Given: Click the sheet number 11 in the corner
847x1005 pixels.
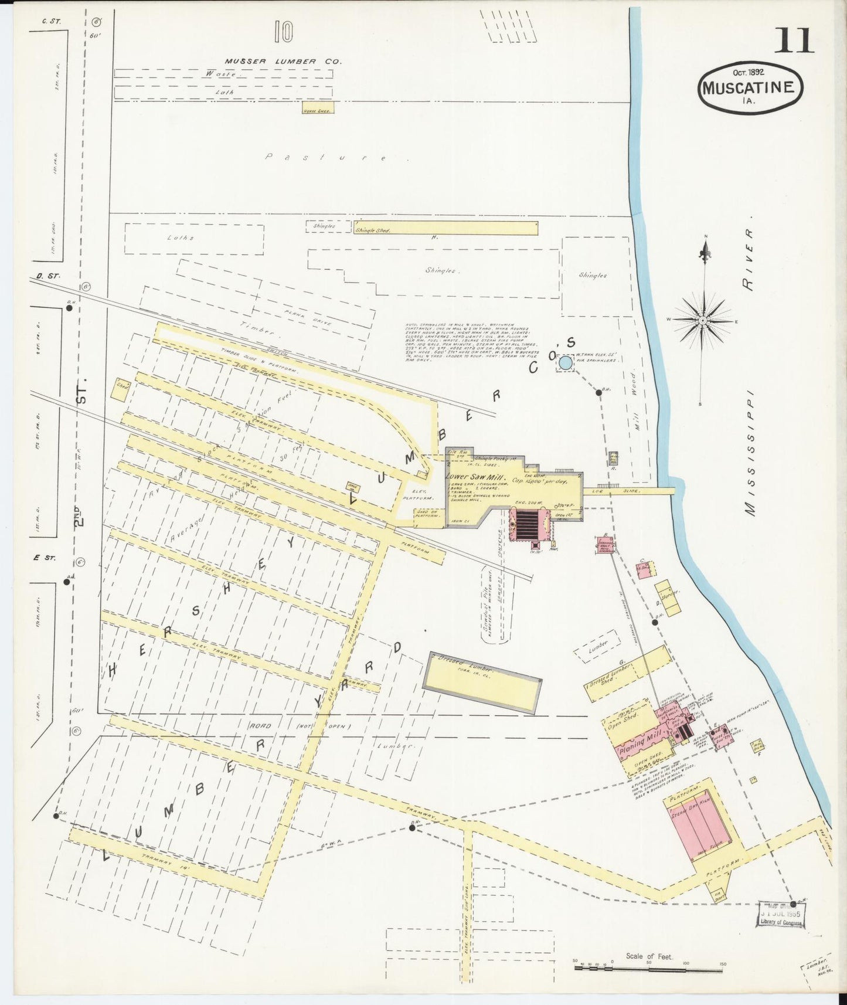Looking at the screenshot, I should pyautogui.click(x=795, y=40).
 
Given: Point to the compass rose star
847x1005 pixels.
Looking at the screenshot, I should pyautogui.click(x=703, y=320).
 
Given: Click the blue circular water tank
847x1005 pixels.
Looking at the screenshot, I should pyautogui.click(x=565, y=363).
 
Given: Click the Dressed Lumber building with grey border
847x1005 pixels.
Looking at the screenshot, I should pyautogui.click(x=482, y=684).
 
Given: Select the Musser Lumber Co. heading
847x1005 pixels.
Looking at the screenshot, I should pyautogui.click(x=284, y=61).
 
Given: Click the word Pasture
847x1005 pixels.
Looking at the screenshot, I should pyautogui.click(x=325, y=157).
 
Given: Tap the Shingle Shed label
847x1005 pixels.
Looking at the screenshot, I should pyautogui.click(x=373, y=231).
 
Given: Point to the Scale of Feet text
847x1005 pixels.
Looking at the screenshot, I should pyautogui.click(x=649, y=956).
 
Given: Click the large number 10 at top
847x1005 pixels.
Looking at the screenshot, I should pyautogui.click(x=283, y=32).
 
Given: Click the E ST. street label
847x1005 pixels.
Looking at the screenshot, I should pyautogui.click(x=45, y=558).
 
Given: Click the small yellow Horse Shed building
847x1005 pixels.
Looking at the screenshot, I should pyautogui.click(x=318, y=110).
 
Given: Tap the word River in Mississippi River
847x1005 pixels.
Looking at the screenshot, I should pyautogui.click(x=747, y=258).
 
